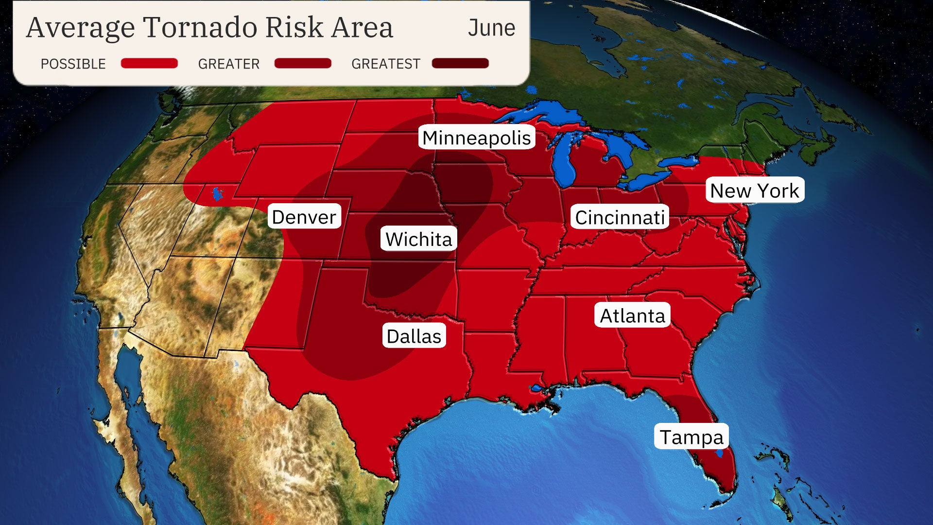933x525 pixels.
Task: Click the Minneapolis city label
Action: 476,138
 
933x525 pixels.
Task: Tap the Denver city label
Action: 304,217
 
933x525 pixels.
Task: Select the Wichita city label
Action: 418,239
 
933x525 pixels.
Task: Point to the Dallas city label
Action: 414,336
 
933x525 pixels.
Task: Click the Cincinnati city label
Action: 620,217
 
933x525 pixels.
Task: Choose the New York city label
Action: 754,191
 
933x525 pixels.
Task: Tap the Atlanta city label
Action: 632,315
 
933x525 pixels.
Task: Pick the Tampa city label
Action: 691,437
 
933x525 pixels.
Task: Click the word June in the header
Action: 491,28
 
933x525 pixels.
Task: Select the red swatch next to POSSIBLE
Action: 149,64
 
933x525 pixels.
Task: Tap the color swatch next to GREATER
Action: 303,64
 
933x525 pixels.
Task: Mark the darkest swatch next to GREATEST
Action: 460,64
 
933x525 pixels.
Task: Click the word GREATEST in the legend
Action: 385,64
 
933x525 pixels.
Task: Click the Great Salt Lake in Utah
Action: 217,194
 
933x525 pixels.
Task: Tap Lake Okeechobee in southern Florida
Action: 720,453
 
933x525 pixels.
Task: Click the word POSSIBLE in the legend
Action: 73,64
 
